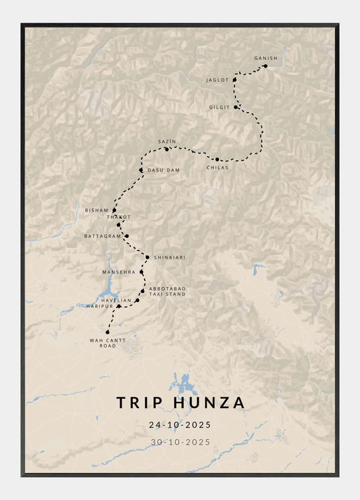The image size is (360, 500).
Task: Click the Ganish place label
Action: (265, 58)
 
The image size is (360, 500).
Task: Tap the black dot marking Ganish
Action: (265, 66)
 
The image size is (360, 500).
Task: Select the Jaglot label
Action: (217, 80)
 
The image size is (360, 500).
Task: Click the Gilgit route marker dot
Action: (236, 107)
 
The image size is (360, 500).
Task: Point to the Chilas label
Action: (217, 167)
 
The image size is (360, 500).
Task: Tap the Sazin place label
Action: (167, 142)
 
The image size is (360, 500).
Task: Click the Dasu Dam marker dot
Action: (141, 170)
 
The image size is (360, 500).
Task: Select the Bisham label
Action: (97, 210)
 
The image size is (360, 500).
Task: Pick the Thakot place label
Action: (119, 217)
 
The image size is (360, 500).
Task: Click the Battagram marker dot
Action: (126, 236)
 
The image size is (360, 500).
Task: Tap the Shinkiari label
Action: (170, 257)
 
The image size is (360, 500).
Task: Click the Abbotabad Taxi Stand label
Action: (167, 291)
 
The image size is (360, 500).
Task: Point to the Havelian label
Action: (117, 300)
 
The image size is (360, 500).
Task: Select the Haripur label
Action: (99, 306)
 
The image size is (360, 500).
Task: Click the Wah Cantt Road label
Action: (103, 343)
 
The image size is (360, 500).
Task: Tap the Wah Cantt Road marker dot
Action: (107, 332)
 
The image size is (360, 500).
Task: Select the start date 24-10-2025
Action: (180, 425)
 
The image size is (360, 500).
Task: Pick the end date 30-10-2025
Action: (180, 442)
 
